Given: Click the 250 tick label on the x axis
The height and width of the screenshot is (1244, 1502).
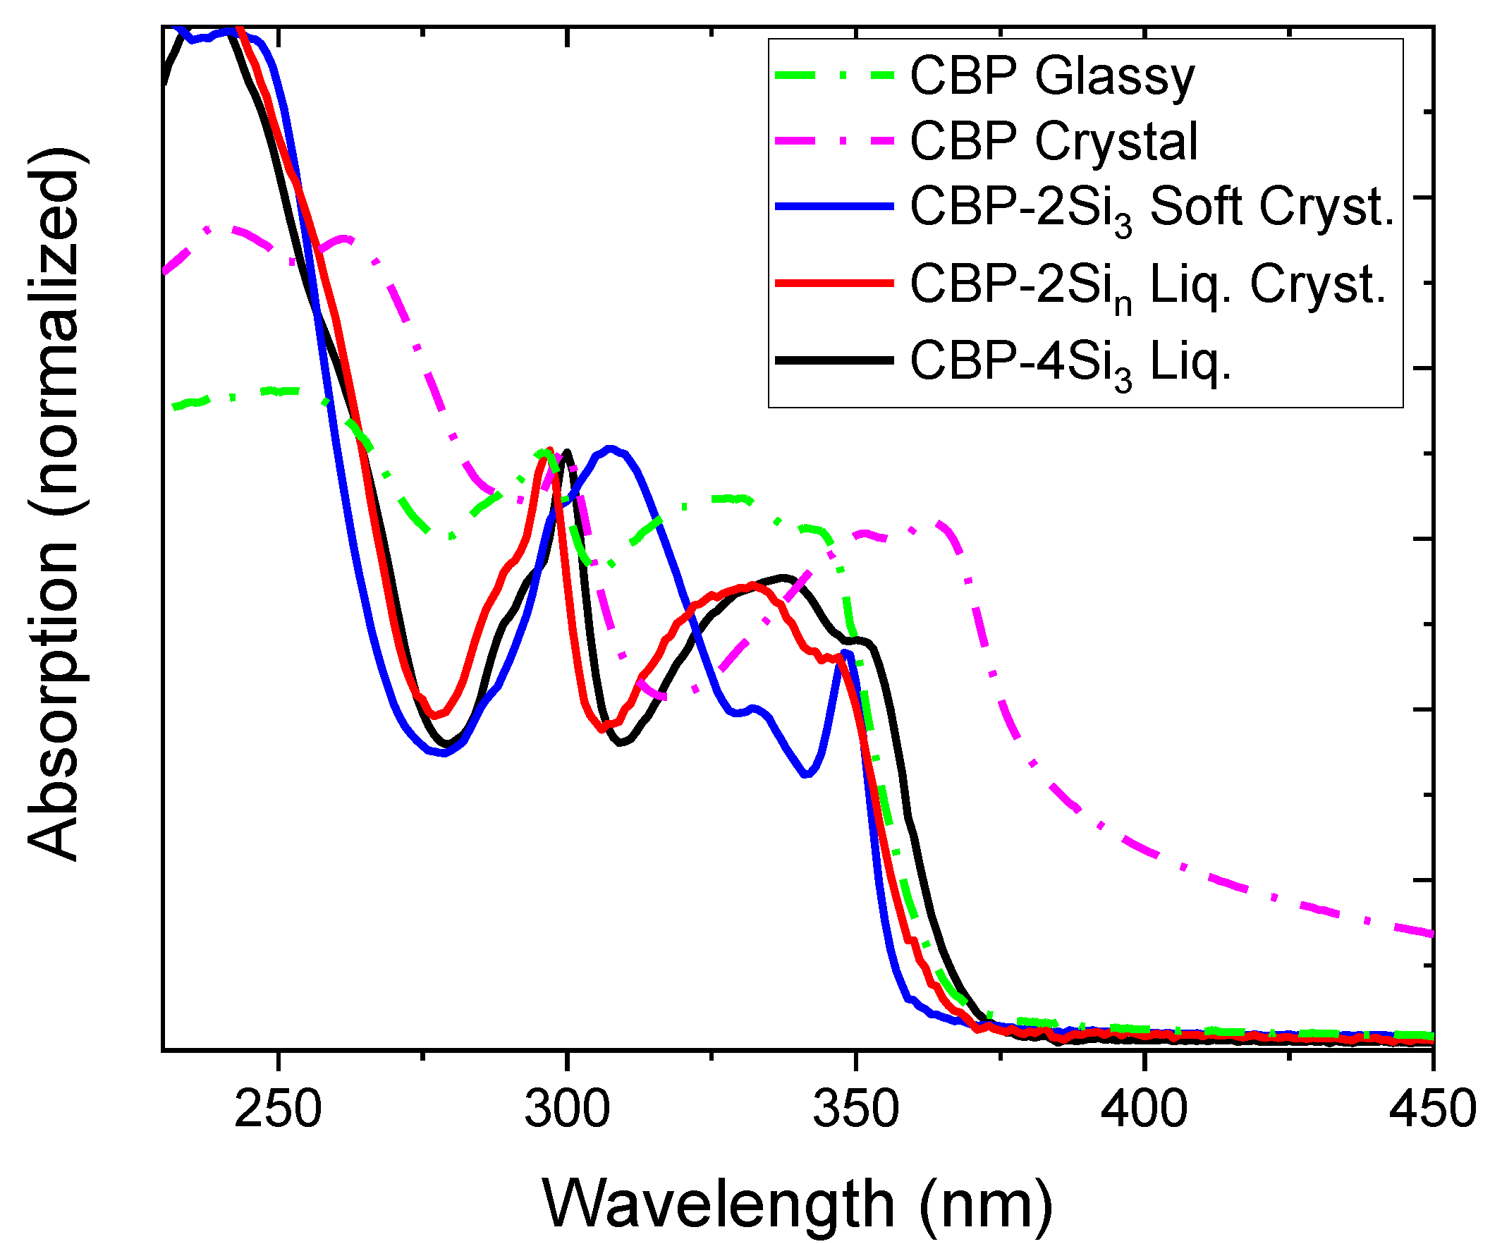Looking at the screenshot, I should coord(278,1109).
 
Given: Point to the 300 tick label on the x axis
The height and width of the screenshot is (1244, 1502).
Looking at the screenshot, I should coord(567,1109).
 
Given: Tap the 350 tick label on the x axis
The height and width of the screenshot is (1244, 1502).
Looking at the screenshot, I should coord(856,1109).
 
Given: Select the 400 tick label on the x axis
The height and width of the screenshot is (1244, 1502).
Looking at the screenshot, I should coord(1145,1109).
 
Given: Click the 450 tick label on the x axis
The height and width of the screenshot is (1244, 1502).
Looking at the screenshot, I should coord(1433,1109).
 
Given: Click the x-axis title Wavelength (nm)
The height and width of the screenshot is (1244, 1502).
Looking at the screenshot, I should coord(798,1205).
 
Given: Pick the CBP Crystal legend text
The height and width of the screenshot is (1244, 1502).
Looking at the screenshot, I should coord(1054,141).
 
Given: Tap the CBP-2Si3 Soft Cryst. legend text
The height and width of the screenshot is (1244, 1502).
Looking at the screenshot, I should coord(1152,208).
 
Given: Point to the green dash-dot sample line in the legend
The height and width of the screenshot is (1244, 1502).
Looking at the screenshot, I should coord(835,74).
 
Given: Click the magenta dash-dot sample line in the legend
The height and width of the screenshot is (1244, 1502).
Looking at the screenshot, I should coord(835,140).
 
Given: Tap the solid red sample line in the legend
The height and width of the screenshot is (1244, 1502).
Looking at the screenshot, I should coord(835,283).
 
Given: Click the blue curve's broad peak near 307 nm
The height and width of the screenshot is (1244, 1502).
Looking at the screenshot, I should coord(609,449).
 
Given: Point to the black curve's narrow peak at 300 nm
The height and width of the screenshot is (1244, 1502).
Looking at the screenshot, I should coord(568,452).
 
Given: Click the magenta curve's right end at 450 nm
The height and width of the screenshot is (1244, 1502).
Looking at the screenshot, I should coord(1431,934).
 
